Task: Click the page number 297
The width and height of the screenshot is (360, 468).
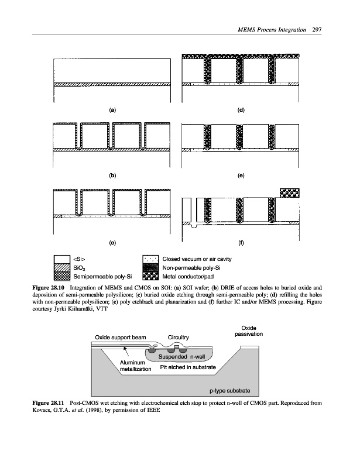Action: pyautogui.click(x=317, y=30)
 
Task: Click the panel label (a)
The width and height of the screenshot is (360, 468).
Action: pyautogui.click(x=112, y=110)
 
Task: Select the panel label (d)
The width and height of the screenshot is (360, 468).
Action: pyautogui.click(x=241, y=110)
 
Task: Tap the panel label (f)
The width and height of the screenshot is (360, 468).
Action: pyautogui.click(x=241, y=243)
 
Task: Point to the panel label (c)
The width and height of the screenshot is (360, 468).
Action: pyautogui.click(x=112, y=243)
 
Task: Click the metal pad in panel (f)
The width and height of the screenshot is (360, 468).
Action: pyautogui.click(x=290, y=193)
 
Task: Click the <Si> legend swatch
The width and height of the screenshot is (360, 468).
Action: pyautogui.click(x=62, y=259)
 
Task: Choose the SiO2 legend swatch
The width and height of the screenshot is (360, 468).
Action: pyautogui.click(x=62, y=267)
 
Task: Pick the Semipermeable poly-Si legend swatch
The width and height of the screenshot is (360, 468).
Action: pyautogui.click(x=62, y=276)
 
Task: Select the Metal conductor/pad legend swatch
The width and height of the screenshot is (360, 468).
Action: pyautogui.click(x=150, y=276)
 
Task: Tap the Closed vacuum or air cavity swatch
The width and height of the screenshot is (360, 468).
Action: pyautogui.click(x=150, y=259)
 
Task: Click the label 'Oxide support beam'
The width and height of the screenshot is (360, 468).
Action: pyautogui.click(x=121, y=338)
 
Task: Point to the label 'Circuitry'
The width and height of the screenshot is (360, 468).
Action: pyautogui.click(x=179, y=338)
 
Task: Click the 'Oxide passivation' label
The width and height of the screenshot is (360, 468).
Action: pyautogui.click(x=249, y=331)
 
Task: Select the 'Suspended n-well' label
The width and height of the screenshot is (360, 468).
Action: pyautogui.click(x=181, y=357)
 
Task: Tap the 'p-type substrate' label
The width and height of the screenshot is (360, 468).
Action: pyautogui.click(x=229, y=390)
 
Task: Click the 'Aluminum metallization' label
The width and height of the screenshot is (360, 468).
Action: pyautogui.click(x=136, y=366)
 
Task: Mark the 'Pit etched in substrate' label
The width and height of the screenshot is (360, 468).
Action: pyautogui.click(x=188, y=367)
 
